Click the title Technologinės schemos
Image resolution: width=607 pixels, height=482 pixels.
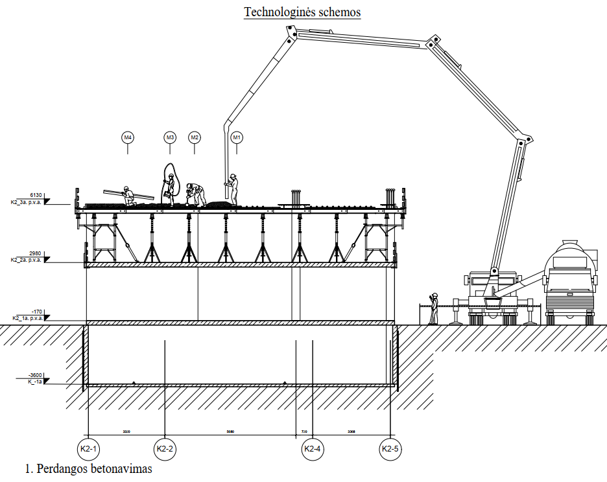pos(302,12)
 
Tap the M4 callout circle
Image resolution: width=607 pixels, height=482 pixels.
pos(128,137)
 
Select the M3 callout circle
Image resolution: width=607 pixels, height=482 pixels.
pos(170,137)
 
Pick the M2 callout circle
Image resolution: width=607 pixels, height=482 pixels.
pos(195,137)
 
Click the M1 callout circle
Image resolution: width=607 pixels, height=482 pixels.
pos(237,137)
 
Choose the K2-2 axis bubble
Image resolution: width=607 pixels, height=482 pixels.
pos(165,448)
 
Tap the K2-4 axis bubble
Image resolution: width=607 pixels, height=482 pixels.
pos(313,448)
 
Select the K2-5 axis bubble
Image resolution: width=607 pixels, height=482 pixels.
pos(390,448)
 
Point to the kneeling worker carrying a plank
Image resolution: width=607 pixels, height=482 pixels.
pos(128,196)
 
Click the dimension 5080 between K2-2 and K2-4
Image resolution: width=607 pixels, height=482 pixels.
pos(230,431)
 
